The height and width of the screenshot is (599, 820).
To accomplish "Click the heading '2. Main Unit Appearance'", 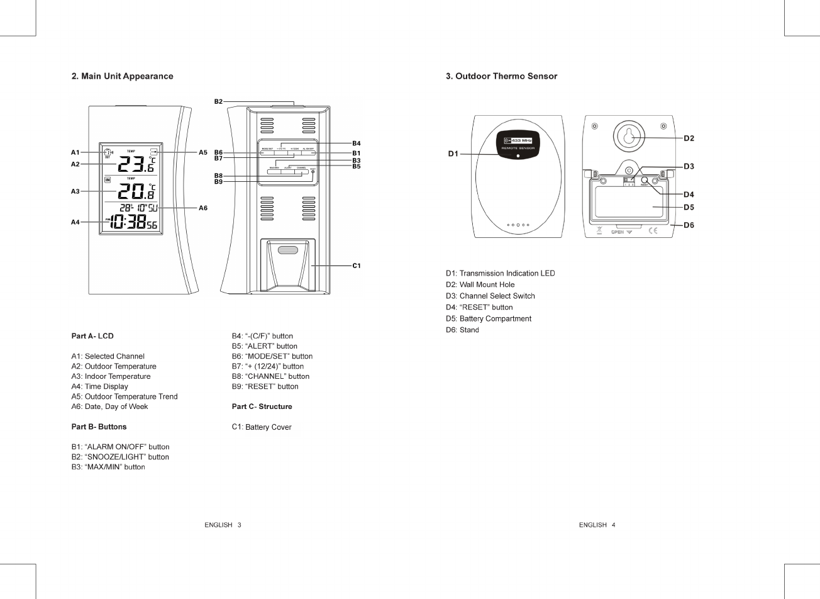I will (122, 76).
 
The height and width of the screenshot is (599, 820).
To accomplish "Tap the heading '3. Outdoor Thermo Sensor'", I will (501, 76).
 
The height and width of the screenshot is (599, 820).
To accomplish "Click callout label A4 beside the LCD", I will (75, 222).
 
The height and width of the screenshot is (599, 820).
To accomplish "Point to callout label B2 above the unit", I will (218, 101).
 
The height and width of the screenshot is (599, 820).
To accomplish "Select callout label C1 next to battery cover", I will (357, 266).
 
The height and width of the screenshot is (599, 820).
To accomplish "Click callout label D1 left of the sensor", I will (453, 154).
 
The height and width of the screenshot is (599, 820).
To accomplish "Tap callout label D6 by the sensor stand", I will (689, 225).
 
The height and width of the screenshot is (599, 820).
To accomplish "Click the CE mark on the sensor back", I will (652, 231).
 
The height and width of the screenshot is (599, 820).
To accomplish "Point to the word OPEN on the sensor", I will (618, 232).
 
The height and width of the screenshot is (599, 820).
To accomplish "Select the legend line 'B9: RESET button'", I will (265, 386).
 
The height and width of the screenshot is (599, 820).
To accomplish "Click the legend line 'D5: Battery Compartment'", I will (489, 318).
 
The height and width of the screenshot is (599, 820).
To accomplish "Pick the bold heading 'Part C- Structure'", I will (262, 406).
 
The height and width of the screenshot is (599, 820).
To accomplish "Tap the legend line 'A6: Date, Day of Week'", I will (109, 406).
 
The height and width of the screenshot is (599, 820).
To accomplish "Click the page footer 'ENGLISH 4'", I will (597, 525).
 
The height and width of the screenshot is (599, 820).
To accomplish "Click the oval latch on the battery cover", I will (288, 250).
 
